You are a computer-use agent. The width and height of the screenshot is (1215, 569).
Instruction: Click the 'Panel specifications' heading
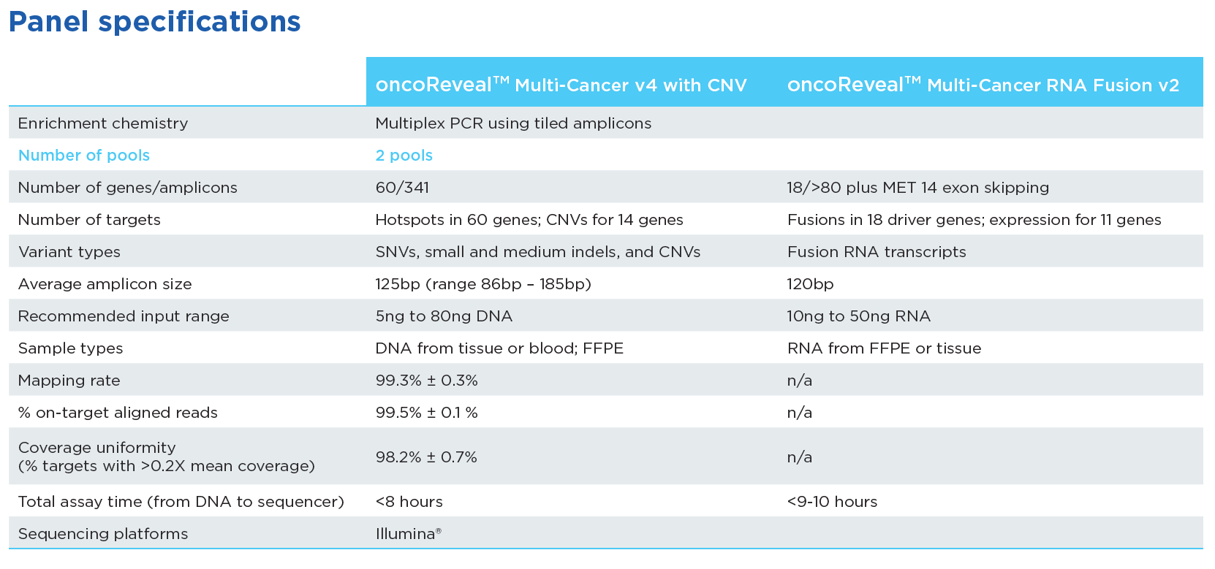click(154, 22)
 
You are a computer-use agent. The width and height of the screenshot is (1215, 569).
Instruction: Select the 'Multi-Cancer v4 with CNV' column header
click(561, 85)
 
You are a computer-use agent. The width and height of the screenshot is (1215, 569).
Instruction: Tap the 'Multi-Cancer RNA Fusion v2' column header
click(983, 85)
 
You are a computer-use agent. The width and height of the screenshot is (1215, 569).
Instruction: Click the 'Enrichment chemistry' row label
click(103, 123)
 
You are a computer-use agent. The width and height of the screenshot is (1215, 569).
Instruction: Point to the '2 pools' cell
click(404, 156)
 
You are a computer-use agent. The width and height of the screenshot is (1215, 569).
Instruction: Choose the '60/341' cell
click(402, 188)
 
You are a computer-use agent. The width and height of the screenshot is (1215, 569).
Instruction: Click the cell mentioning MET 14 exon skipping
click(917, 188)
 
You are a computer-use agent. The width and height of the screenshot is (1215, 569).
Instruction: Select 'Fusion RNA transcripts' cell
click(876, 252)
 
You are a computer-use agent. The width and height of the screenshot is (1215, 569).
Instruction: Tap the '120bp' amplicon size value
click(810, 284)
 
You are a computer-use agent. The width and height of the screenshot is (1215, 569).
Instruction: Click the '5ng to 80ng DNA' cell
click(444, 316)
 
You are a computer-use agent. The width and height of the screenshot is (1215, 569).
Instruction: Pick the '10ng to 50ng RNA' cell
click(858, 316)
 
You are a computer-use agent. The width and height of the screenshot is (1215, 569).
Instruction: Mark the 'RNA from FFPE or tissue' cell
click(884, 348)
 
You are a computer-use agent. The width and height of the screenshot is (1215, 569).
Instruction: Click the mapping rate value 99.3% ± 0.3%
click(426, 381)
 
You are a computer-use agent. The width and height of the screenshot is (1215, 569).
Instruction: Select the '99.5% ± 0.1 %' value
click(426, 413)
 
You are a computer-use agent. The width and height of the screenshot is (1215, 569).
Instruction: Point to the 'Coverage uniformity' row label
click(97, 448)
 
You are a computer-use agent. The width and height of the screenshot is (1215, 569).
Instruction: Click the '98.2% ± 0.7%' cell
click(426, 457)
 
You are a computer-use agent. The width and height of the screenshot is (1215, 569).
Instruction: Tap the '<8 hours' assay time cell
click(409, 502)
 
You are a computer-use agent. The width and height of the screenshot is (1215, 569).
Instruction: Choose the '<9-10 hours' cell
click(832, 502)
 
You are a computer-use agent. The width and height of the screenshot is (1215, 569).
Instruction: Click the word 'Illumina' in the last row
click(406, 534)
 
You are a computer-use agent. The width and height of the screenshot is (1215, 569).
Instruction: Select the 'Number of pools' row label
click(84, 156)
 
